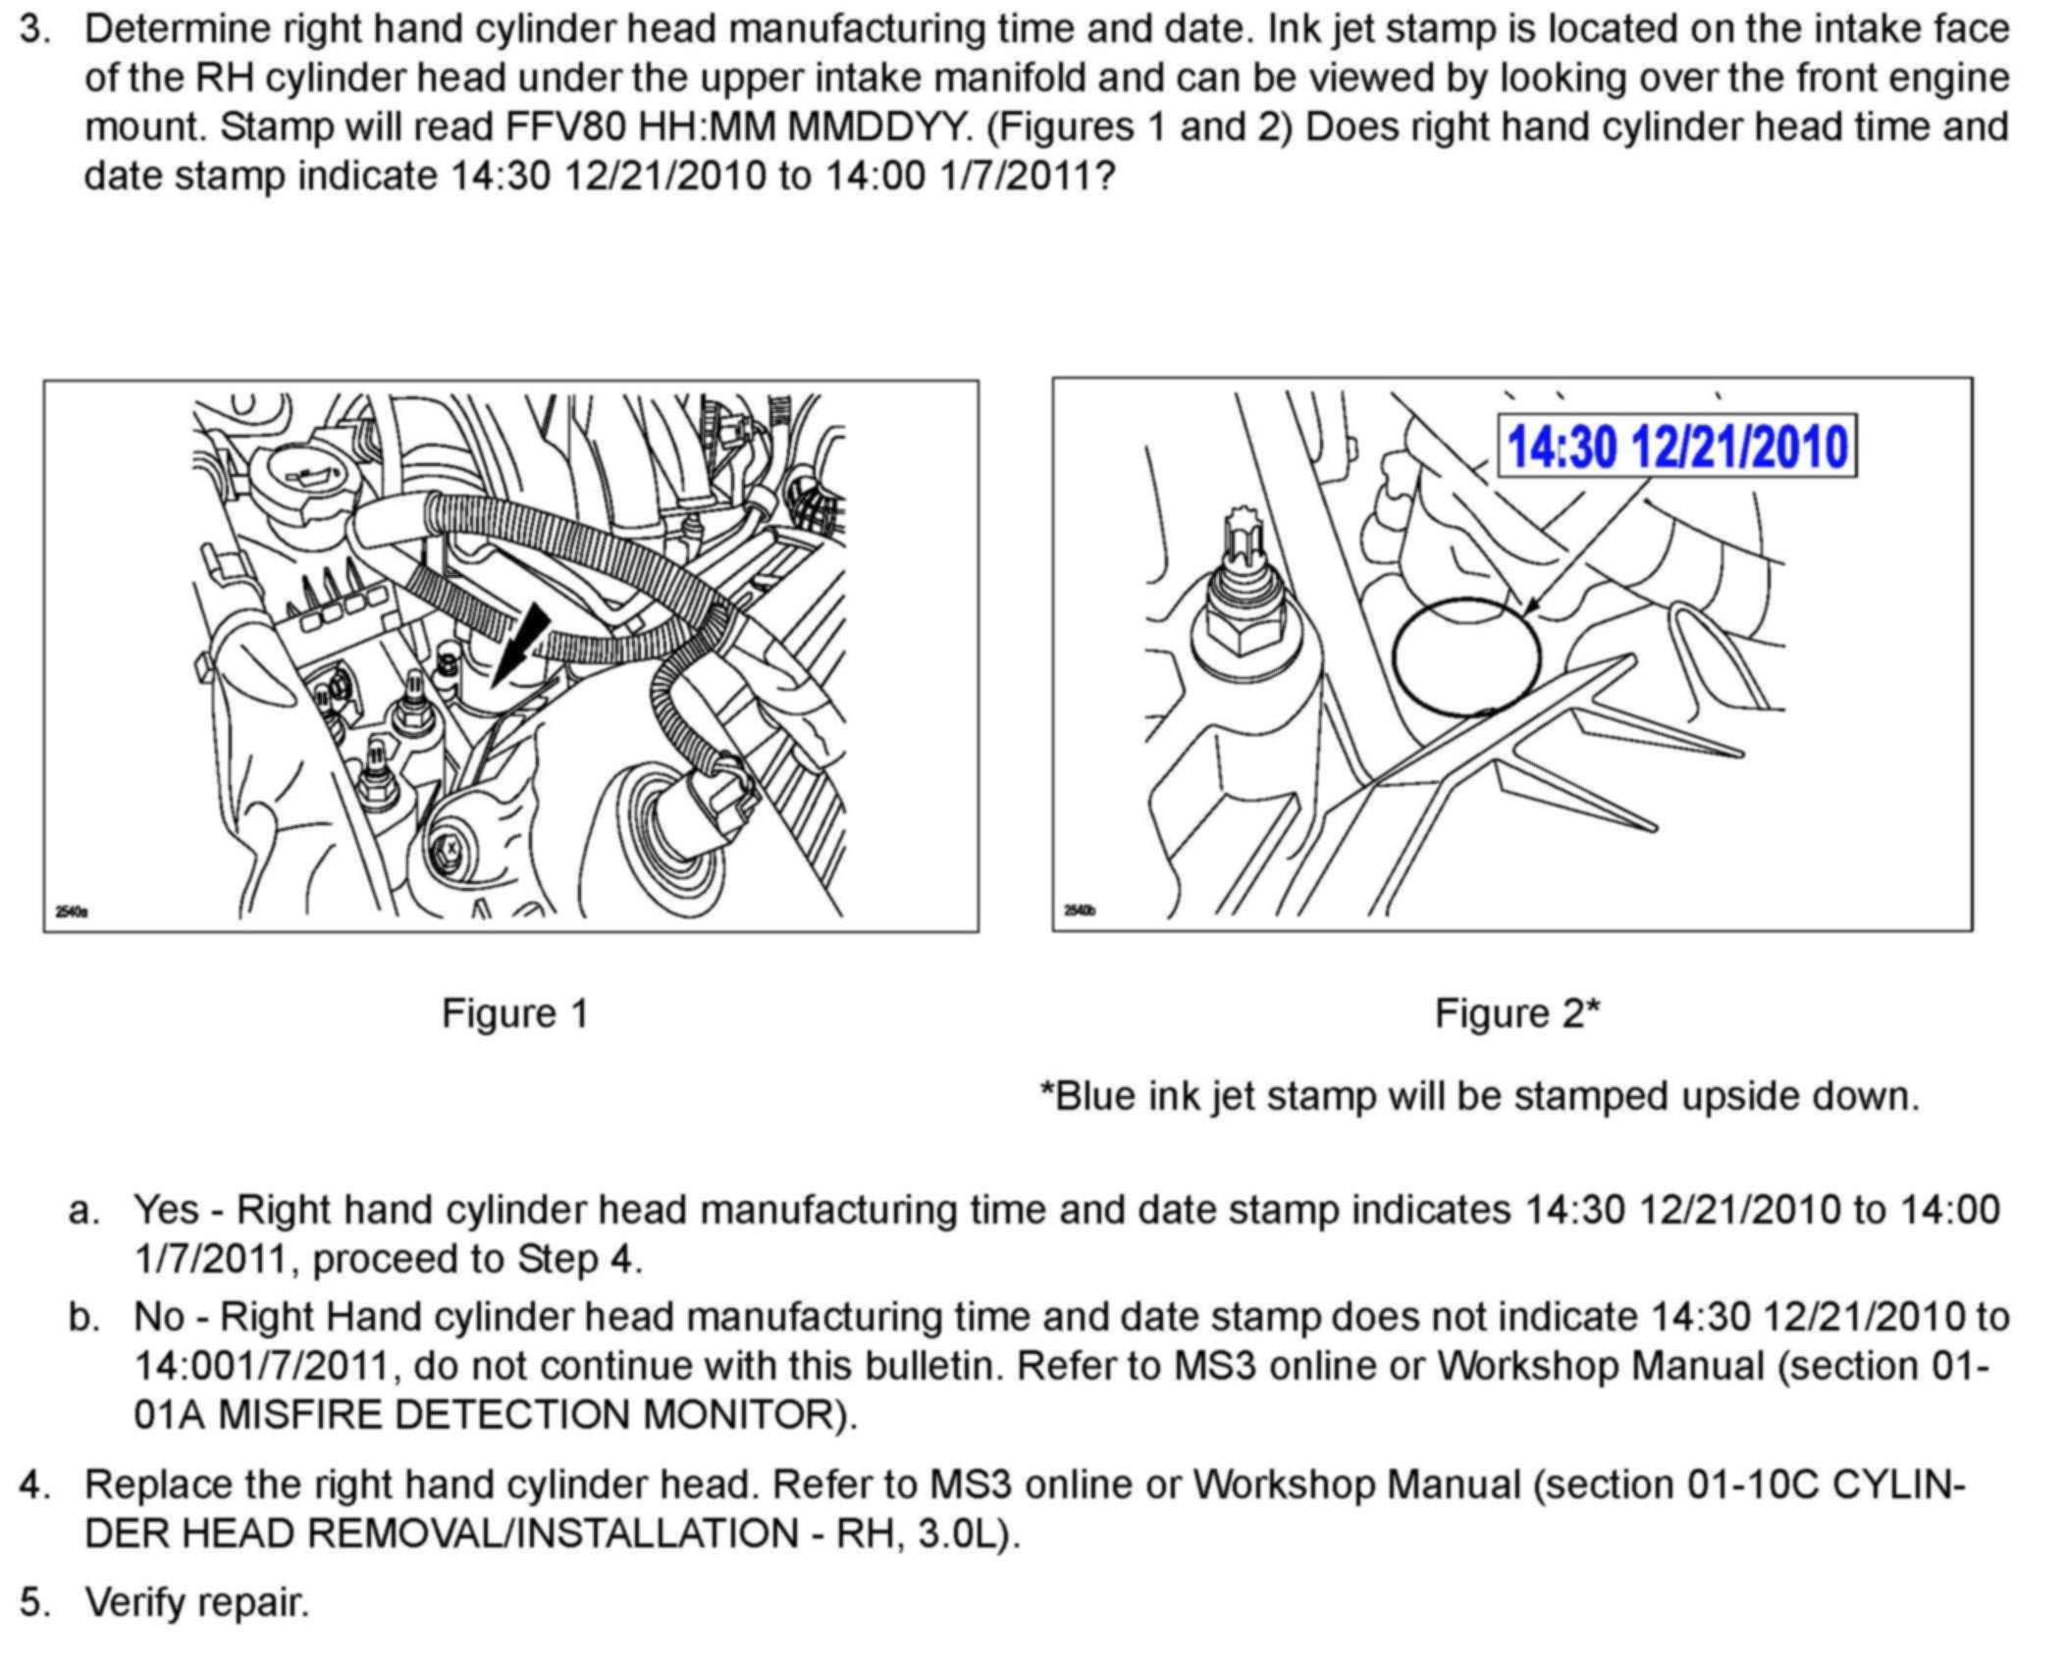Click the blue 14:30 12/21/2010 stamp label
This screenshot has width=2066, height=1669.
click(1676, 446)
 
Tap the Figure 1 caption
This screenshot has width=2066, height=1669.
click(514, 1013)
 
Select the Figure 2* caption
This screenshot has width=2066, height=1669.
click(1517, 1013)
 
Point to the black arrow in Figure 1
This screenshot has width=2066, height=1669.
click(520, 643)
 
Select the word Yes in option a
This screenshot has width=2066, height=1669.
click(165, 1210)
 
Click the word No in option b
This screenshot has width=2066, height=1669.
click(159, 1317)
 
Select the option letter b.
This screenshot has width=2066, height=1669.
click(84, 1317)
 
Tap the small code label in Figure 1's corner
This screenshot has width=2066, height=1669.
click(72, 913)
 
